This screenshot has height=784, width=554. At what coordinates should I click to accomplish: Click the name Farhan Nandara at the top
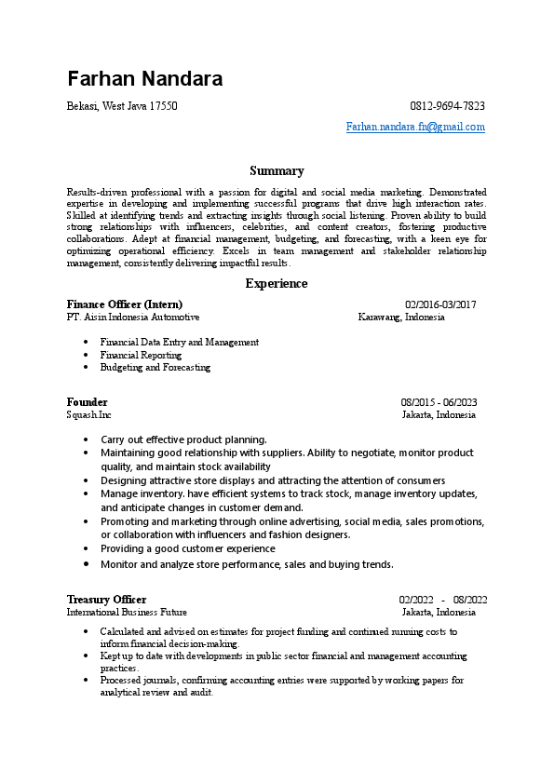coord(144,78)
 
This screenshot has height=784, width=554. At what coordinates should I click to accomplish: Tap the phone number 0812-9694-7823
coord(447,106)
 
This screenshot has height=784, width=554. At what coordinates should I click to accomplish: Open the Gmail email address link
coord(415,127)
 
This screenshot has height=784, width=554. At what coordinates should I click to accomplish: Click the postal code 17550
coord(163,106)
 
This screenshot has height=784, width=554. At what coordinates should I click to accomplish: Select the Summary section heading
coord(277,170)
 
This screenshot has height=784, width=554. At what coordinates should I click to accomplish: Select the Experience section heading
coord(277,283)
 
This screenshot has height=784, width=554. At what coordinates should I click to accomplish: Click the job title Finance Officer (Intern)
coord(125,304)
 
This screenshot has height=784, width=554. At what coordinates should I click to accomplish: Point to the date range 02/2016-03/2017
coord(440,304)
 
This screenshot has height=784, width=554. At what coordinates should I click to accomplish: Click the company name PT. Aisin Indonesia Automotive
coord(133,317)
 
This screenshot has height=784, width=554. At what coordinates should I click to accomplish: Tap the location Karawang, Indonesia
coord(401,317)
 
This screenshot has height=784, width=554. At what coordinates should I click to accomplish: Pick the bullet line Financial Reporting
coord(141,355)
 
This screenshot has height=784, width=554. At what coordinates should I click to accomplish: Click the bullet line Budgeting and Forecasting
coord(155,367)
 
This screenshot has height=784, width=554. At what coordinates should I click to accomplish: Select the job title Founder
coord(88,402)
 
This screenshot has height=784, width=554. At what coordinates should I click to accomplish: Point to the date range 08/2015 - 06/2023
coord(439,402)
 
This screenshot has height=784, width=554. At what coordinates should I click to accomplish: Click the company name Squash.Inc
coord(89,414)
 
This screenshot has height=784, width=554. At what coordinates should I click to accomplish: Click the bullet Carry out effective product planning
coord(183,439)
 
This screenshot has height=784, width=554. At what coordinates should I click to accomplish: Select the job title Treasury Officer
coord(106,600)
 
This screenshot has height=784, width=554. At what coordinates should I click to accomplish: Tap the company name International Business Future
coord(127,612)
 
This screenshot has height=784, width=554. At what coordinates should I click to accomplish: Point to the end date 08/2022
coord(470,600)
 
